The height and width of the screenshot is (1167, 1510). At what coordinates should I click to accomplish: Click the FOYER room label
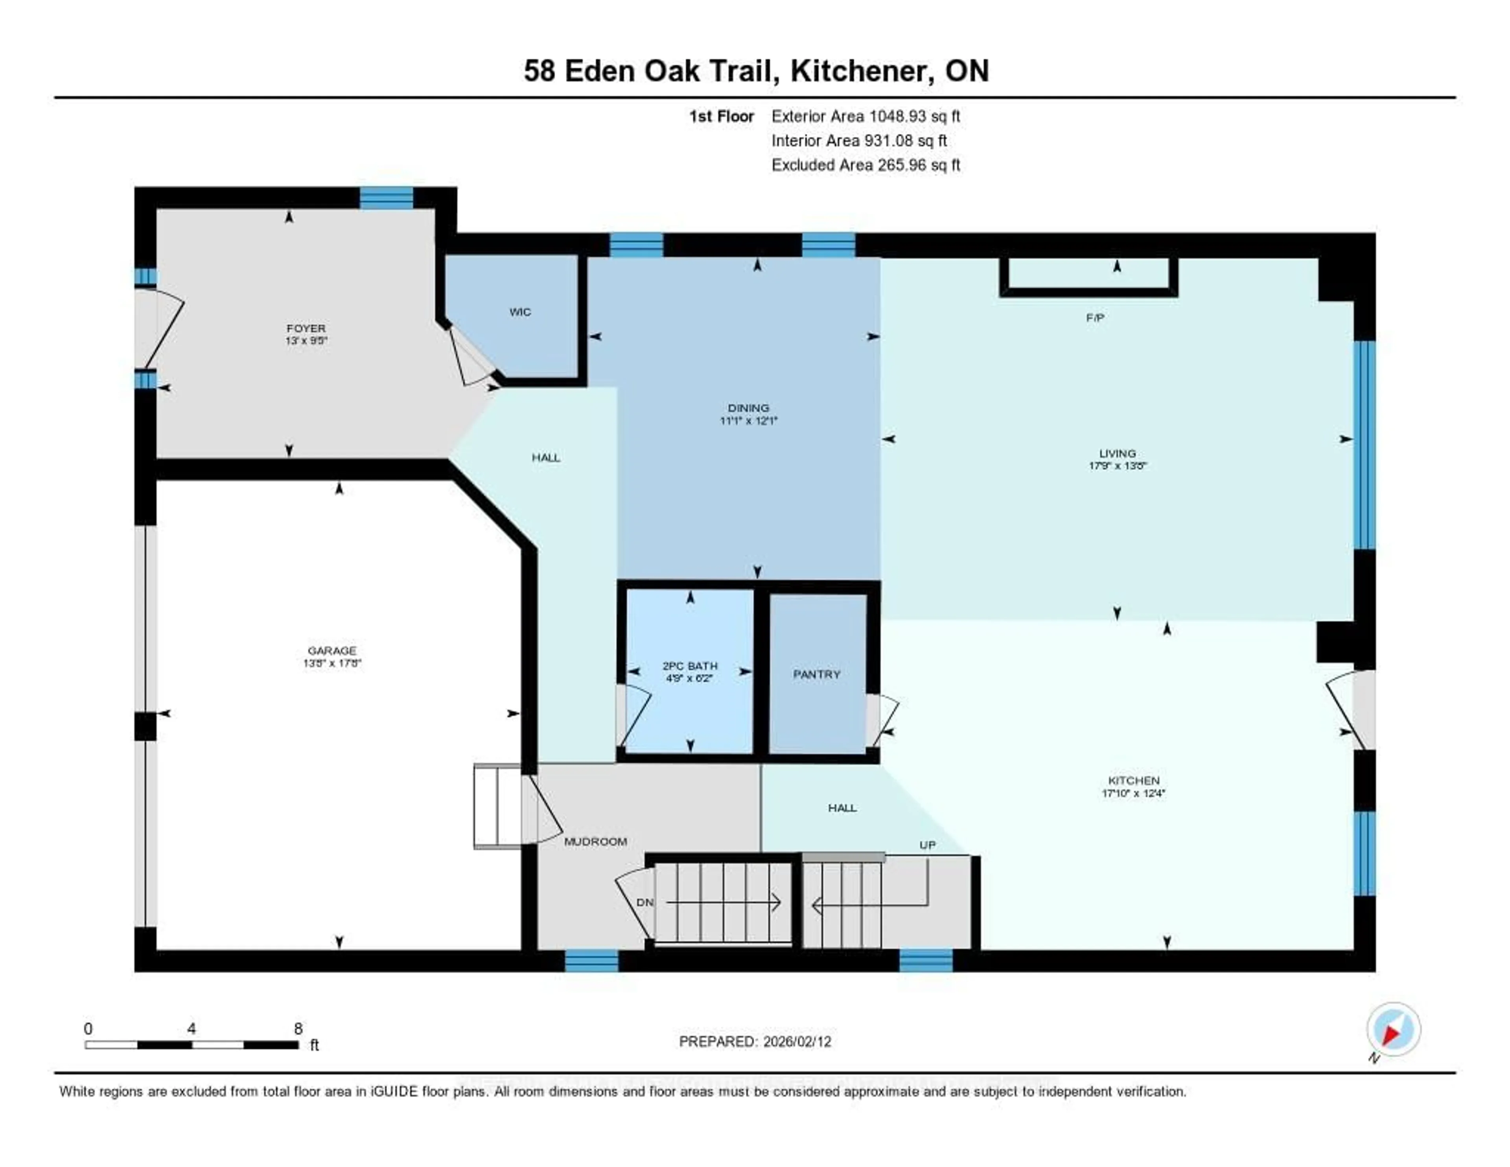306,328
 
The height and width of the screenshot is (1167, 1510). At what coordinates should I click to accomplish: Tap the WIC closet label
520,312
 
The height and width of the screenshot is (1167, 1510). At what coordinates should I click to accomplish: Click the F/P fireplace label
1094,318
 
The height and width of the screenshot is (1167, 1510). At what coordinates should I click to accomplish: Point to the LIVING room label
1117,453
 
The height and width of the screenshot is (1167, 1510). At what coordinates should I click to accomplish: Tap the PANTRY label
816,674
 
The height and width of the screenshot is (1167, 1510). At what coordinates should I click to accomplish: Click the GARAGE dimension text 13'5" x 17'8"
332,663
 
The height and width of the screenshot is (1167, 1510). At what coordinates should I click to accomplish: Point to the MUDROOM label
595,841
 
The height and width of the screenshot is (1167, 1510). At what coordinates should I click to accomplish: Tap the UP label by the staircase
927,845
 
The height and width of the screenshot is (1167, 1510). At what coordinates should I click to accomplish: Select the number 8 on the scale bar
298,1029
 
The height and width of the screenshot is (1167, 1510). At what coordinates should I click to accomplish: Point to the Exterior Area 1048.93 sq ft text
865,116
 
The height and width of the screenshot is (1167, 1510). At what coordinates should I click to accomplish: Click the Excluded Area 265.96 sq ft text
865,164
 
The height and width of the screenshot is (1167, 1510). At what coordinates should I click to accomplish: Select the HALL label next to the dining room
545,457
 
